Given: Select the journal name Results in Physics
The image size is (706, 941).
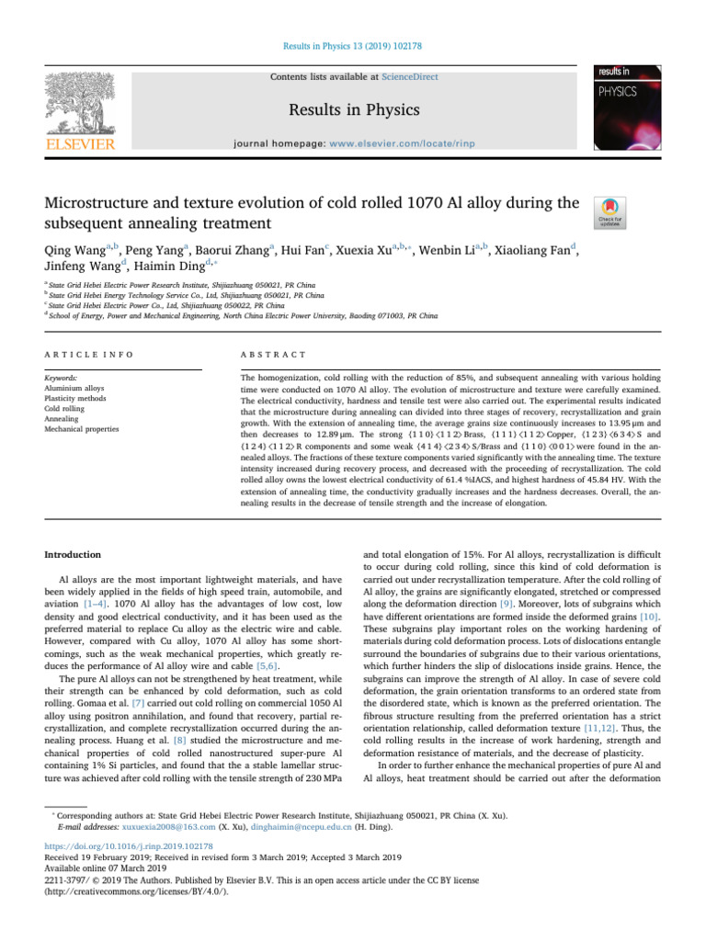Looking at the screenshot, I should point(353,110).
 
